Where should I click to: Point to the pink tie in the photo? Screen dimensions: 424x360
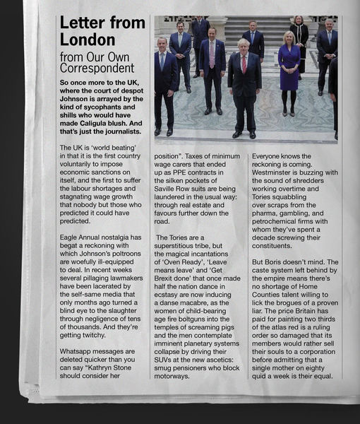click(x=212, y=54)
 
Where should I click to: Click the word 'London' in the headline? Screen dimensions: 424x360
click(x=88, y=40)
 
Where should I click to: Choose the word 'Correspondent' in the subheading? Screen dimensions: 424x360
click(x=96, y=69)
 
